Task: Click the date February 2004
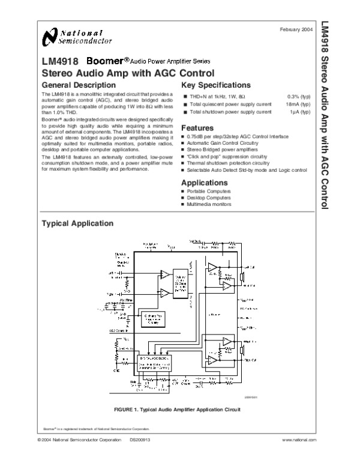(x=296, y=29)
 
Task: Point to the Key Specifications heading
(x=216, y=85)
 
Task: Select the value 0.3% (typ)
(x=298, y=96)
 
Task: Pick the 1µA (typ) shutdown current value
(x=299, y=112)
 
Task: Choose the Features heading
(x=197, y=128)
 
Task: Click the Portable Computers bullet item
(x=209, y=191)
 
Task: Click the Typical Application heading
(x=76, y=223)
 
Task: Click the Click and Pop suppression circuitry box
(x=155, y=318)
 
